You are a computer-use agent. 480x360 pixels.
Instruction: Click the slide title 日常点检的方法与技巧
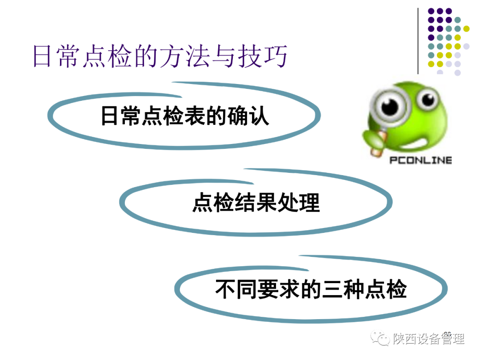click(160, 56)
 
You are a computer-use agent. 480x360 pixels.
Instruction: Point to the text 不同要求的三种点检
click(311, 289)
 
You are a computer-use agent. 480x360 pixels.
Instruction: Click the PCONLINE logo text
click(420, 160)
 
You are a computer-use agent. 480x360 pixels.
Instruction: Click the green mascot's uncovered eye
click(429, 100)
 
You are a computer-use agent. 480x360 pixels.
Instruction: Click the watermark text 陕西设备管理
click(428, 339)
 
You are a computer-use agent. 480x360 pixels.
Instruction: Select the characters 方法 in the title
click(187, 56)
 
